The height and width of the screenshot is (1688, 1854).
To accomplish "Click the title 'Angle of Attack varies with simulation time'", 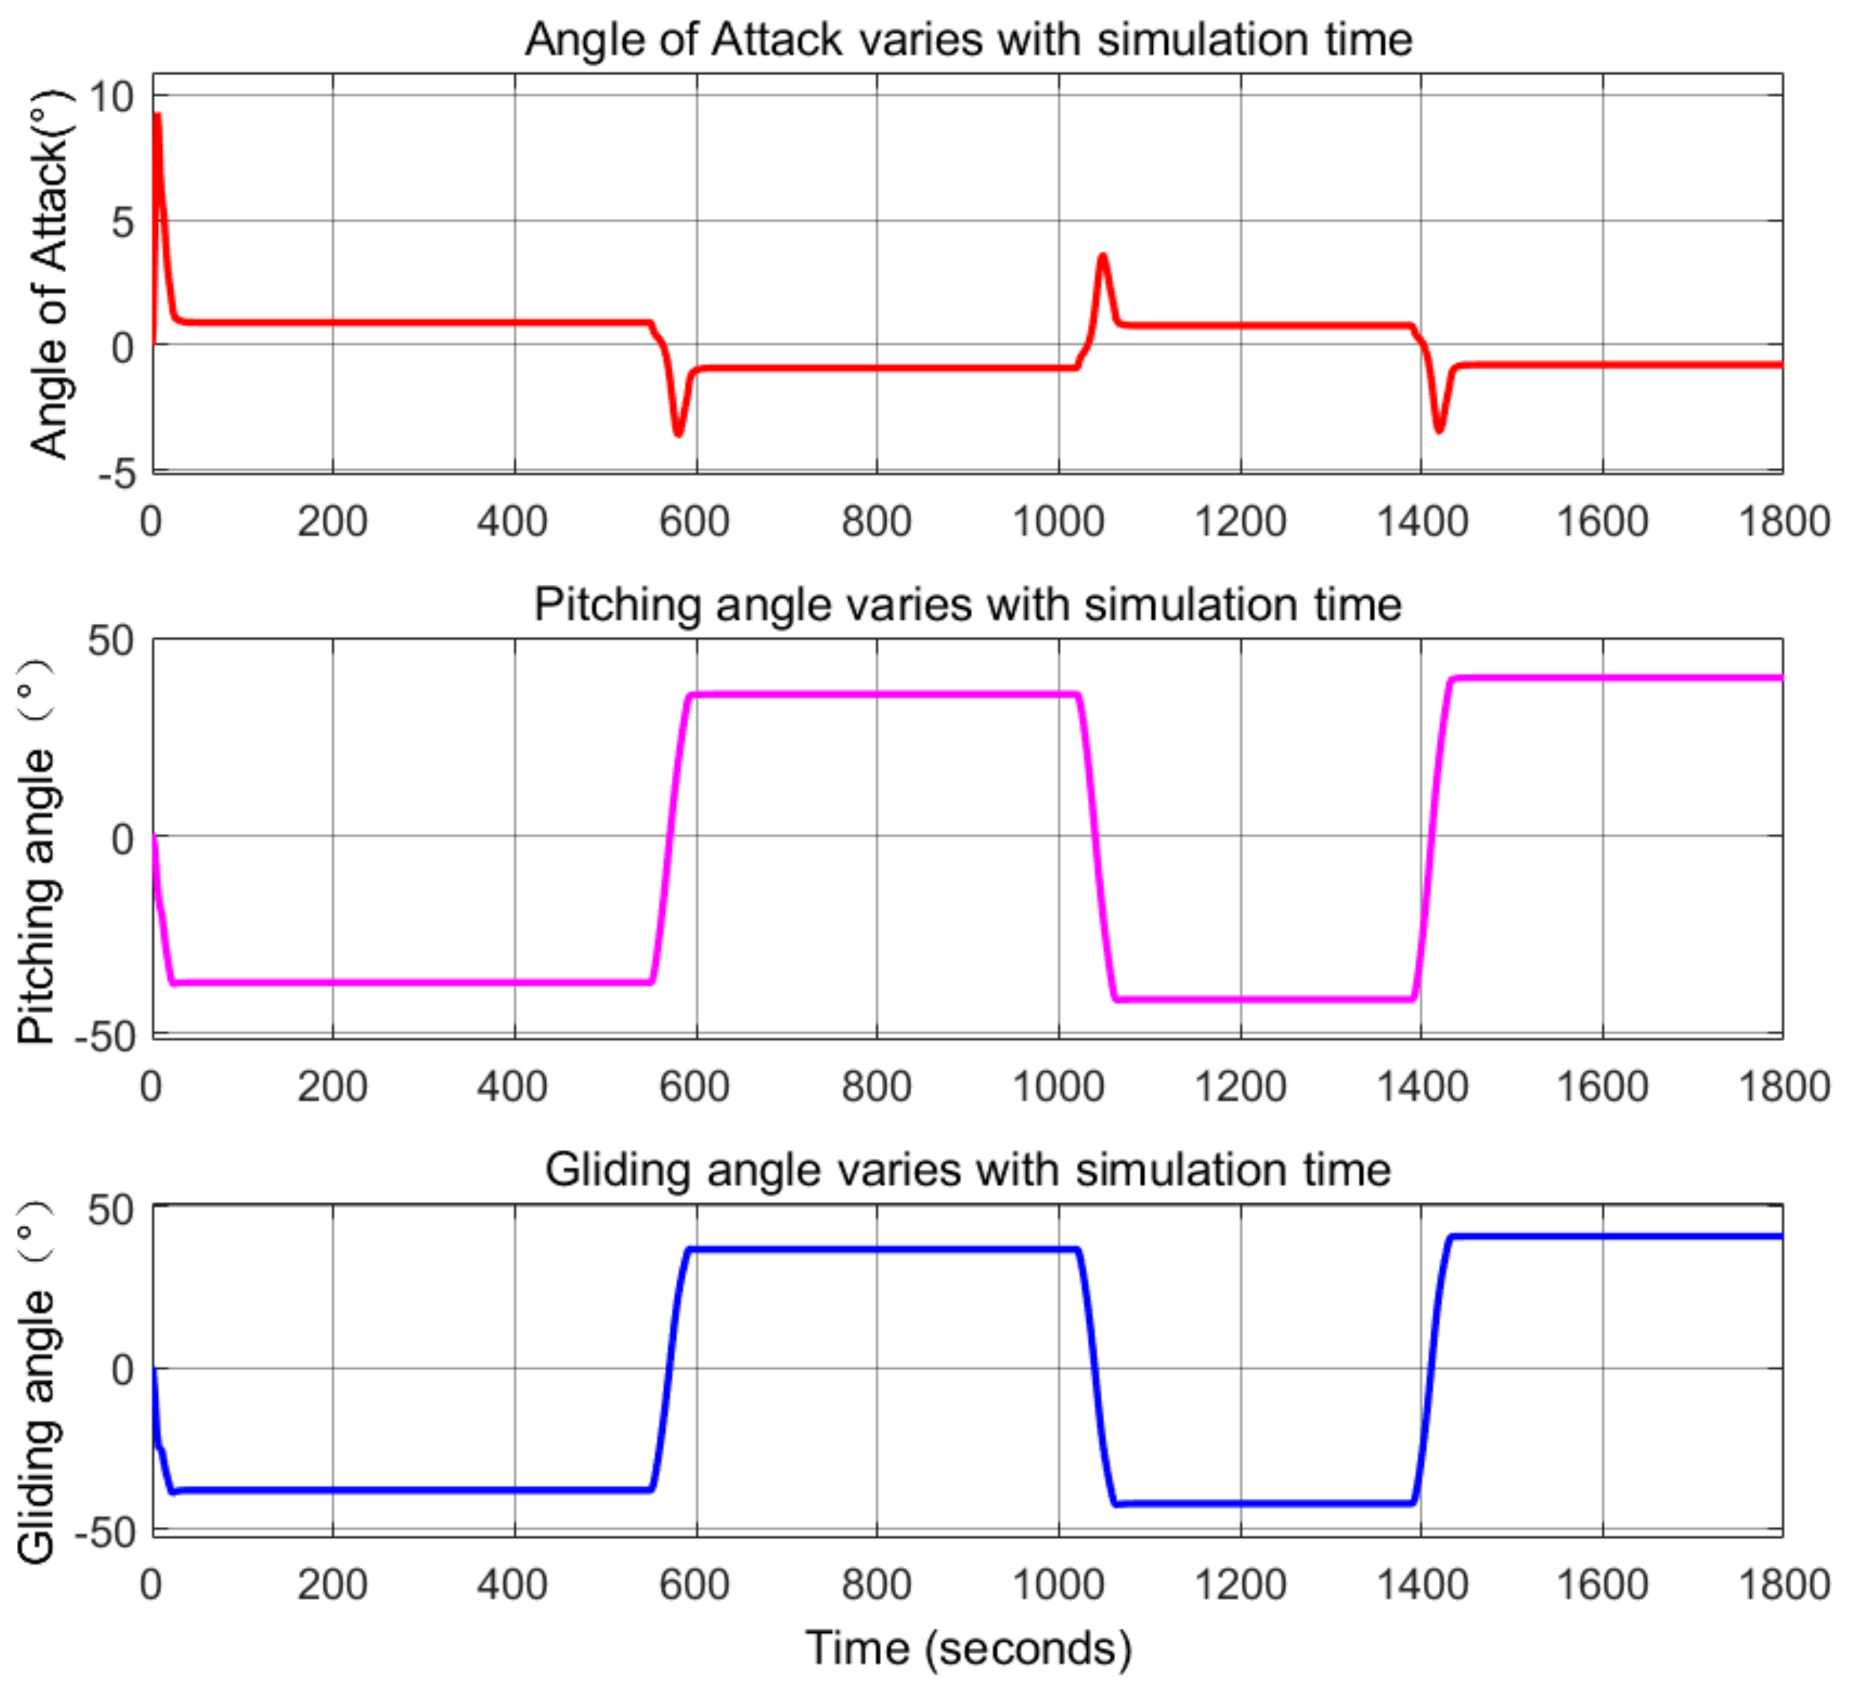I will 968,39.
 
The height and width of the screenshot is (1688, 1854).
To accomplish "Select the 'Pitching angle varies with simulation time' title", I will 968,605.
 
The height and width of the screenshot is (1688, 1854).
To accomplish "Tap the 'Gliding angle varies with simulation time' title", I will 968,1170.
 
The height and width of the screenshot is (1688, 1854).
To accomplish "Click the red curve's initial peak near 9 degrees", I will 157,116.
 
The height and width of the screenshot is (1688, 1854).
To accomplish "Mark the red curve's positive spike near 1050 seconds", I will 1102,256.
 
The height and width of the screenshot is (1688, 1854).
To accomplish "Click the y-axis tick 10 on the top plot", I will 111,96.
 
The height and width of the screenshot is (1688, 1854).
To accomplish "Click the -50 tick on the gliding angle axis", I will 105,1532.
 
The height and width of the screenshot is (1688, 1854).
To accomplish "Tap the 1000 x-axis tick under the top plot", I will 1058,522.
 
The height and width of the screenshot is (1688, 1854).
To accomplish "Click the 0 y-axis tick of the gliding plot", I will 122,1369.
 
